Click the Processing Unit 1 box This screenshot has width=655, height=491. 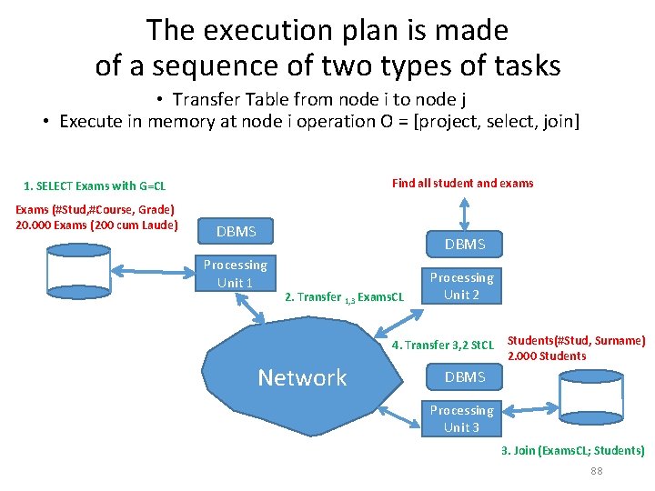235,273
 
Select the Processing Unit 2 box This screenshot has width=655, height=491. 461,286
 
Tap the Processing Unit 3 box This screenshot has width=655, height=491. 461,418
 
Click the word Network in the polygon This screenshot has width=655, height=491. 302,377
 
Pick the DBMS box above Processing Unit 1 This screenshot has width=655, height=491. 237,232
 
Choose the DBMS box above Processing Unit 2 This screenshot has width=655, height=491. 464,244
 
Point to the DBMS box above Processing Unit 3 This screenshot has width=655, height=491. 464,376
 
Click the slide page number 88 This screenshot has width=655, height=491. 597,470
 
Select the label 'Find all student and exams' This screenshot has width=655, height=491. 462,183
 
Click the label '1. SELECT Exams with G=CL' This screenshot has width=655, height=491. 95,186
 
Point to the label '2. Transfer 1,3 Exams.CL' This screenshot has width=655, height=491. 344,296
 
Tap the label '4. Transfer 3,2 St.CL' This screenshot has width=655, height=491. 442,345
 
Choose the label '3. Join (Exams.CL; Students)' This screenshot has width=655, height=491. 572,450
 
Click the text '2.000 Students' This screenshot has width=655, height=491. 546,356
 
